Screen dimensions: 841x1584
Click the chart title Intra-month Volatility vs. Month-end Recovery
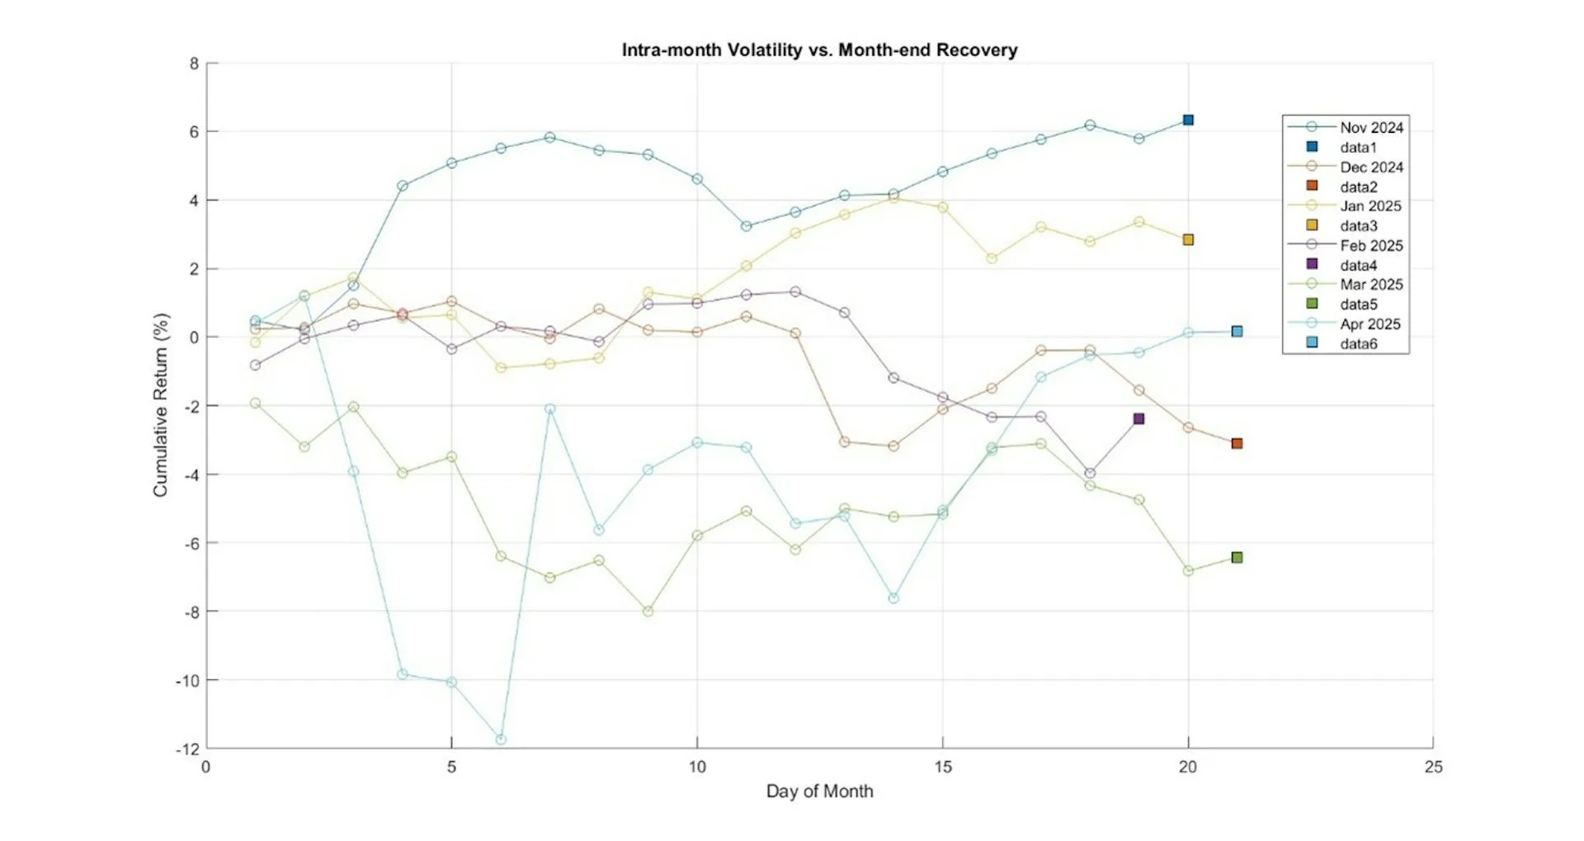pos(819,50)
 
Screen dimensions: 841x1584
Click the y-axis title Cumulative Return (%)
pos(160,404)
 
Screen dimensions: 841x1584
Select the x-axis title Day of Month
pos(819,791)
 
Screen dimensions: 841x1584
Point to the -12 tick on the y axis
pos(187,749)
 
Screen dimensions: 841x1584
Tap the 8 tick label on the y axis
pos(194,64)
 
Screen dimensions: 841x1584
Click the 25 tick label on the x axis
pos(1433,767)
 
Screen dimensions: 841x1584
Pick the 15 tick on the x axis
pos(942,767)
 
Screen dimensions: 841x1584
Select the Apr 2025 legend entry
pos(1370,324)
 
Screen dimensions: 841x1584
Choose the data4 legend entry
pos(1358,265)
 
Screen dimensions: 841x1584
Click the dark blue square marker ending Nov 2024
pos(1188,120)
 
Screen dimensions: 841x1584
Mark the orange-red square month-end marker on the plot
pos(1237,443)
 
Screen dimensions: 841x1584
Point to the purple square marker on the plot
pos(1138,418)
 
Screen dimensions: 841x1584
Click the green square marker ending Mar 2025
pos(1237,558)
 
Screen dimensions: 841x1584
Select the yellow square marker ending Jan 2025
pos(1188,239)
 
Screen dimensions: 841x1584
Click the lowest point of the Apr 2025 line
pos(501,739)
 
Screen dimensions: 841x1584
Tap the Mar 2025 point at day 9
pos(648,612)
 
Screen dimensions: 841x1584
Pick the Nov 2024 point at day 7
pos(549,137)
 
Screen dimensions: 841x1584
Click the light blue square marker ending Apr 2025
pos(1237,332)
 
